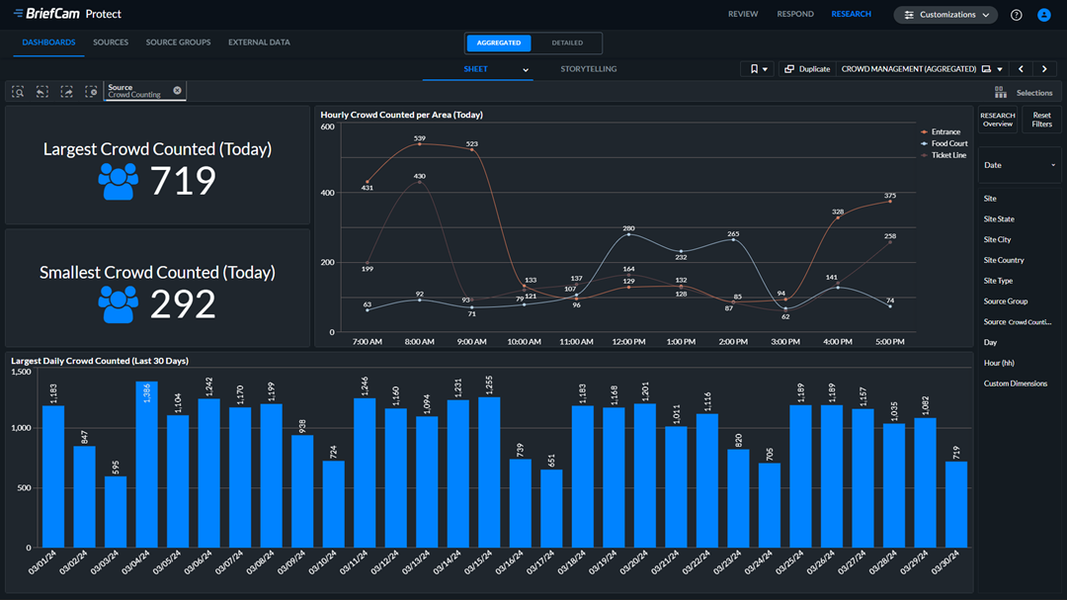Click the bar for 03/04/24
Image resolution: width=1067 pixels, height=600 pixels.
pos(147,465)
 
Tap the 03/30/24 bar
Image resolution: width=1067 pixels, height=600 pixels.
pos(957,504)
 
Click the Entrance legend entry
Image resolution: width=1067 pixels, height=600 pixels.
pos(944,131)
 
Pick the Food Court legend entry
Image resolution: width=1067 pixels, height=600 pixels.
pos(948,143)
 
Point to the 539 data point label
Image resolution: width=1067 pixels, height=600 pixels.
pos(420,137)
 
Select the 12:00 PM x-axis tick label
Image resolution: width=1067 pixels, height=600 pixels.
pos(628,342)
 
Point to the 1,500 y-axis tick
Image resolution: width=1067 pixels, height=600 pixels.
pos(20,369)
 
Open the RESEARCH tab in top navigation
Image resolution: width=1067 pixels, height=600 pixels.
pos(851,15)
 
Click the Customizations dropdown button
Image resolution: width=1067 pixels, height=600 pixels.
pos(945,15)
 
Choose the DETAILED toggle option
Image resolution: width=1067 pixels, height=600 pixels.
pos(567,43)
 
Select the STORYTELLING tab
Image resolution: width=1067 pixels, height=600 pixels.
pos(588,69)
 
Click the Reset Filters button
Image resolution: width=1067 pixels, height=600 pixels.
pos(1041,120)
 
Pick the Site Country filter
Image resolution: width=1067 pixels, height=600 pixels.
pos(1004,260)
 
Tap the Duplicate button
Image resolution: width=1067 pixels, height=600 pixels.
pos(807,69)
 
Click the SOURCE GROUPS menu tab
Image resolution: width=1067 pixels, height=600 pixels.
pos(178,43)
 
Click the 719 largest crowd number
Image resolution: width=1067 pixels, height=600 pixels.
pos(183,181)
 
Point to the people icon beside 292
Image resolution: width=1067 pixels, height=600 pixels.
pos(119,304)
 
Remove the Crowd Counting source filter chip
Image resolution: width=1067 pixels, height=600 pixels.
pos(178,90)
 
